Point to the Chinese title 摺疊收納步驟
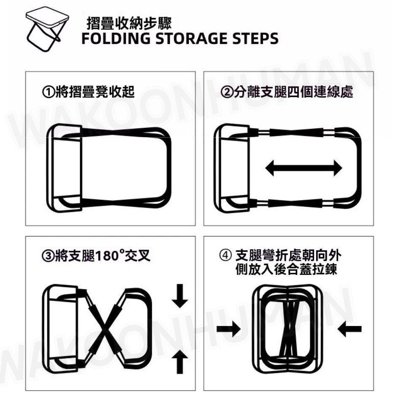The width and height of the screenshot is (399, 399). pyautogui.click(x=129, y=23)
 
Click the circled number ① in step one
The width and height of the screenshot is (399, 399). pyautogui.click(x=49, y=92)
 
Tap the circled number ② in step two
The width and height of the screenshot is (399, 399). pyautogui.click(x=226, y=92)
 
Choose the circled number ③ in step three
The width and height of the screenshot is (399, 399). pyautogui.click(x=48, y=256)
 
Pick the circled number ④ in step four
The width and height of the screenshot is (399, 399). pyautogui.click(x=225, y=255)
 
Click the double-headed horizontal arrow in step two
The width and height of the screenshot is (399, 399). pyautogui.click(x=304, y=168)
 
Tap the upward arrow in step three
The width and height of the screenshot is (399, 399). pyautogui.click(x=180, y=361)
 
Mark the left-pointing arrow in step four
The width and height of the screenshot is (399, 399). pyautogui.click(x=350, y=329)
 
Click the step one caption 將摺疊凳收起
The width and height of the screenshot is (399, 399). pyautogui.click(x=95, y=92)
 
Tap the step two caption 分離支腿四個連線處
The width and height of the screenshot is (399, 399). pyautogui.click(x=293, y=92)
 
